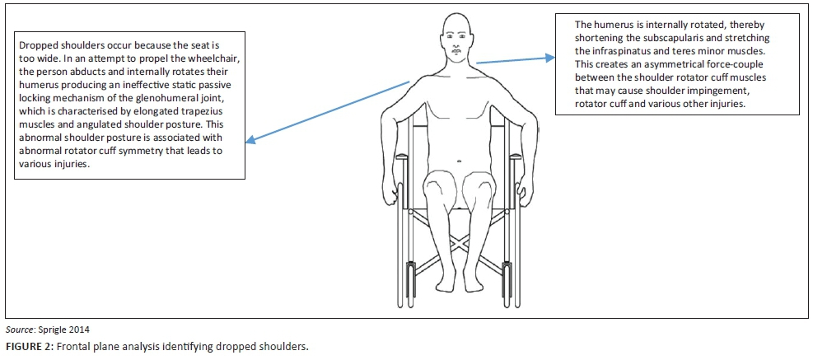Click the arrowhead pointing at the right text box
pos(551,58)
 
